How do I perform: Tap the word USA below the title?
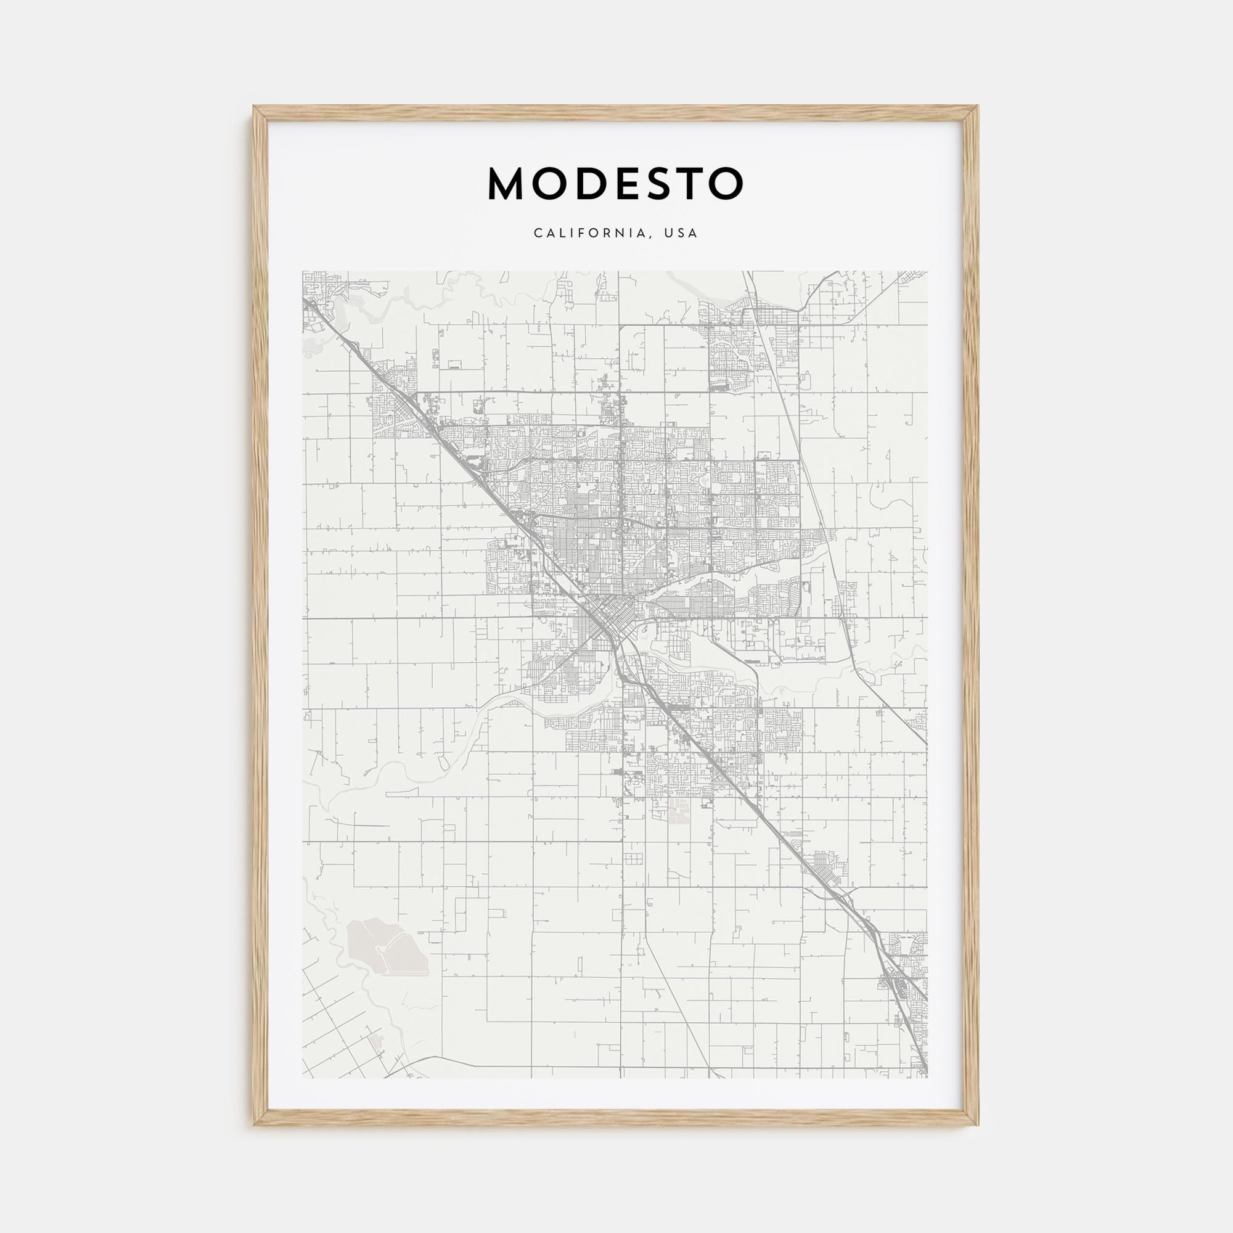[x=681, y=234]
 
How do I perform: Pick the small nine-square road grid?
[x=633, y=858]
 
